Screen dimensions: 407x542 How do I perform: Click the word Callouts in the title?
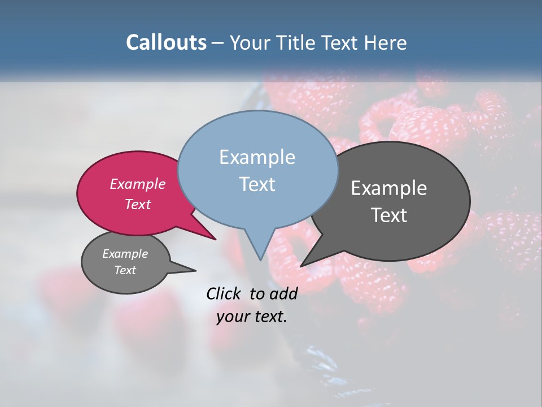click(x=166, y=42)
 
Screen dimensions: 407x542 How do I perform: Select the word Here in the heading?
click(x=385, y=42)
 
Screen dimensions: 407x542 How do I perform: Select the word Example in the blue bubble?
click(x=257, y=157)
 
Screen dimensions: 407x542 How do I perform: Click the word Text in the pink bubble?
click(x=138, y=205)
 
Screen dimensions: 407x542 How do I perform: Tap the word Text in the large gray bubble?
click(x=389, y=215)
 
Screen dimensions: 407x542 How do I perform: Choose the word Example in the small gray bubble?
click(x=125, y=254)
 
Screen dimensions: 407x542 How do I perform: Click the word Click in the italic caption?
click(x=225, y=293)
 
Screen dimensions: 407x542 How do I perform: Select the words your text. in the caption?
click(x=252, y=317)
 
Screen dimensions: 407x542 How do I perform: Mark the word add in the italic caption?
click(x=284, y=293)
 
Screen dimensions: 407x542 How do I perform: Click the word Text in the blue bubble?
click(x=257, y=184)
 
